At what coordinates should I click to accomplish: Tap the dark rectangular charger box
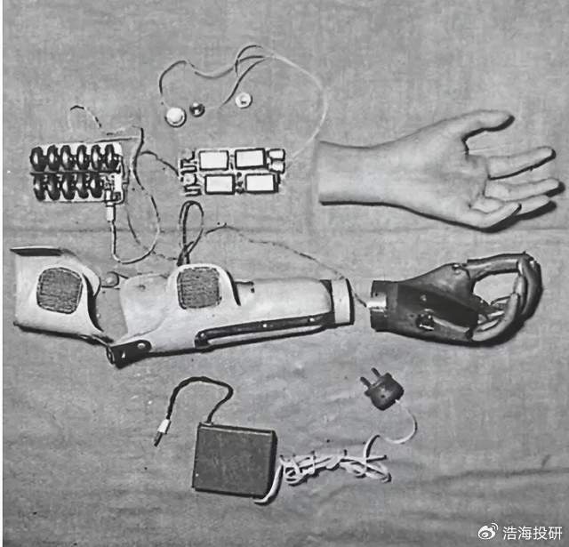click(235, 460)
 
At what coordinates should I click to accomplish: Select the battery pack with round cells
click(77, 172)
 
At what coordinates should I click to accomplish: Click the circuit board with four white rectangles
click(232, 171)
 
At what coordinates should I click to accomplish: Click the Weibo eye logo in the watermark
click(488, 532)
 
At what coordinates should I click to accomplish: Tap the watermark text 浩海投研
click(533, 533)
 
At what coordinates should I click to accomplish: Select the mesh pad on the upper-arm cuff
click(60, 290)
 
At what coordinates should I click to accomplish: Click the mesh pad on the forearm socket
click(199, 286)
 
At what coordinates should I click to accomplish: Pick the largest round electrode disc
click(176, 117)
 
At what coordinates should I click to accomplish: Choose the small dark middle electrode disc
click(197, 109)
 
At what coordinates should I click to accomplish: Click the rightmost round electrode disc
click(243, 100)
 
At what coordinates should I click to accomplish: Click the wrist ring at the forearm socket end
click(341, 302)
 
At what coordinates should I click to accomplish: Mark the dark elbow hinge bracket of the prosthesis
click(128, 351)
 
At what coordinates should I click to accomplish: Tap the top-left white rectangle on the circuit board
click(213, 160)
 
